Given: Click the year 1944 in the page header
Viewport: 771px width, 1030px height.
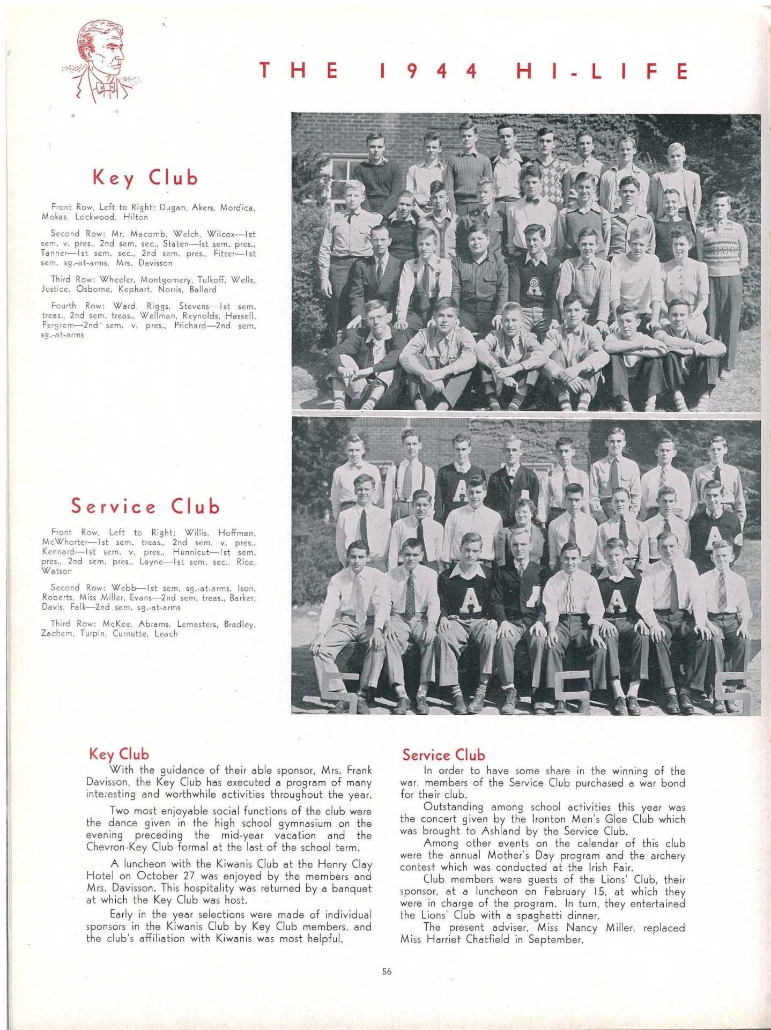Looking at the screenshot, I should coord(428,71).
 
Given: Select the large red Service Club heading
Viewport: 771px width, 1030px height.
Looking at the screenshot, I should coord(145,506).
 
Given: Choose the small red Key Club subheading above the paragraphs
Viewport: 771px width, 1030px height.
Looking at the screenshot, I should coord(118,754).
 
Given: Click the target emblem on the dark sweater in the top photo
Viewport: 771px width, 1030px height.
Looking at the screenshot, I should coord(534,283).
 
